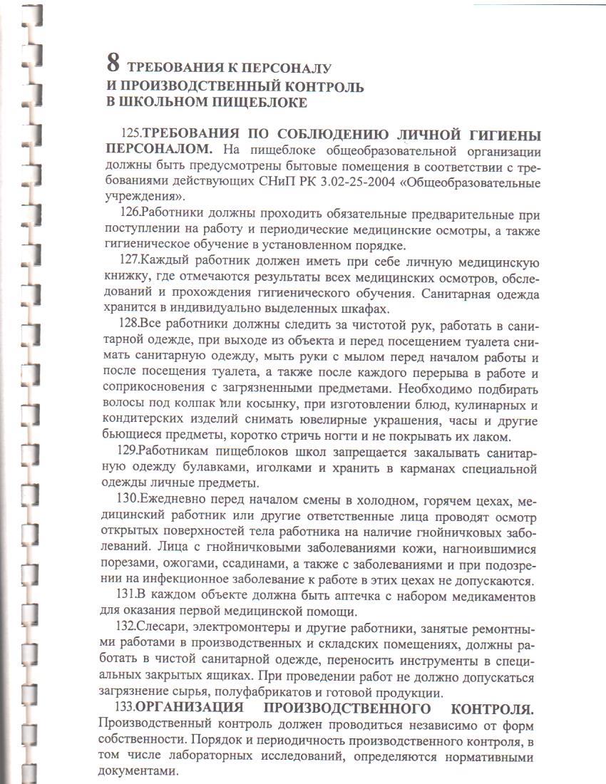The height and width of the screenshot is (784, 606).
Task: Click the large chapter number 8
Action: (x=112, y=64)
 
